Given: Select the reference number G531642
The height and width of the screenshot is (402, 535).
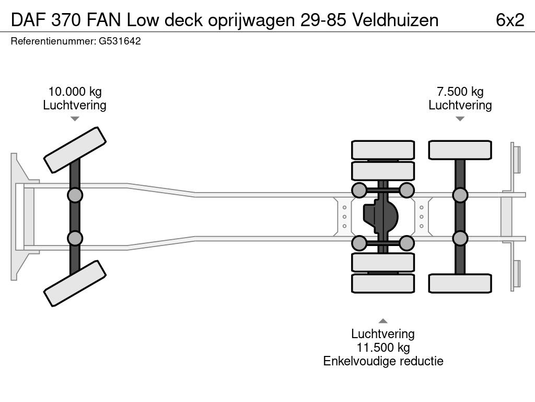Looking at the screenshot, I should [x=120, y=41].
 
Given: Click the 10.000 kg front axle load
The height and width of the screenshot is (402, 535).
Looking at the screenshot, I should [x=74, y=92].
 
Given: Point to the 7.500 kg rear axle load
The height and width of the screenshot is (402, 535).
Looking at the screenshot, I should [x=460, y=92].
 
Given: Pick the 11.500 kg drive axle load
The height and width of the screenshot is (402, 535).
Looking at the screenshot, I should [x=383, y=348].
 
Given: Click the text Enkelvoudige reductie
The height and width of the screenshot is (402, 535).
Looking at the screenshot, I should [x=383, y=361].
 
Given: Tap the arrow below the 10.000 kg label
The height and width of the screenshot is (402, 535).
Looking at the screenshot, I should [x=75, y=119].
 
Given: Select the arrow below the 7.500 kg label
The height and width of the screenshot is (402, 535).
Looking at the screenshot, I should [x=460, y=119].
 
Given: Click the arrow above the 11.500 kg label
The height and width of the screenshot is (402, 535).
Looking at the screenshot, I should [x=383, y=321].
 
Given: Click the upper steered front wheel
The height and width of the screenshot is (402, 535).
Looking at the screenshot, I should [x=75, y=150].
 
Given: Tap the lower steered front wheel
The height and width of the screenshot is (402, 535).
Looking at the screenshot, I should [x=75, y=283].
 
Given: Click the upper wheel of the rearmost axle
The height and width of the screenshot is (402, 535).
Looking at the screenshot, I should [x=460, y=150].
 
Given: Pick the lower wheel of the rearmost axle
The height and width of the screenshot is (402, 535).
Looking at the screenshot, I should [x=460, y=283].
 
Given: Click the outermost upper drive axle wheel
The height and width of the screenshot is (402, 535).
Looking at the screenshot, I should [x=383, y=150].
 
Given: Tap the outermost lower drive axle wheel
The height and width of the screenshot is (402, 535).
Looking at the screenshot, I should [x=383, y=283].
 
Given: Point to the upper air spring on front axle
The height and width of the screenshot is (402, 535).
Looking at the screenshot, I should [x=75, y=195].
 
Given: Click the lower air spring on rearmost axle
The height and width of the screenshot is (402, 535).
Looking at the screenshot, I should [x=460, y=239].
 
